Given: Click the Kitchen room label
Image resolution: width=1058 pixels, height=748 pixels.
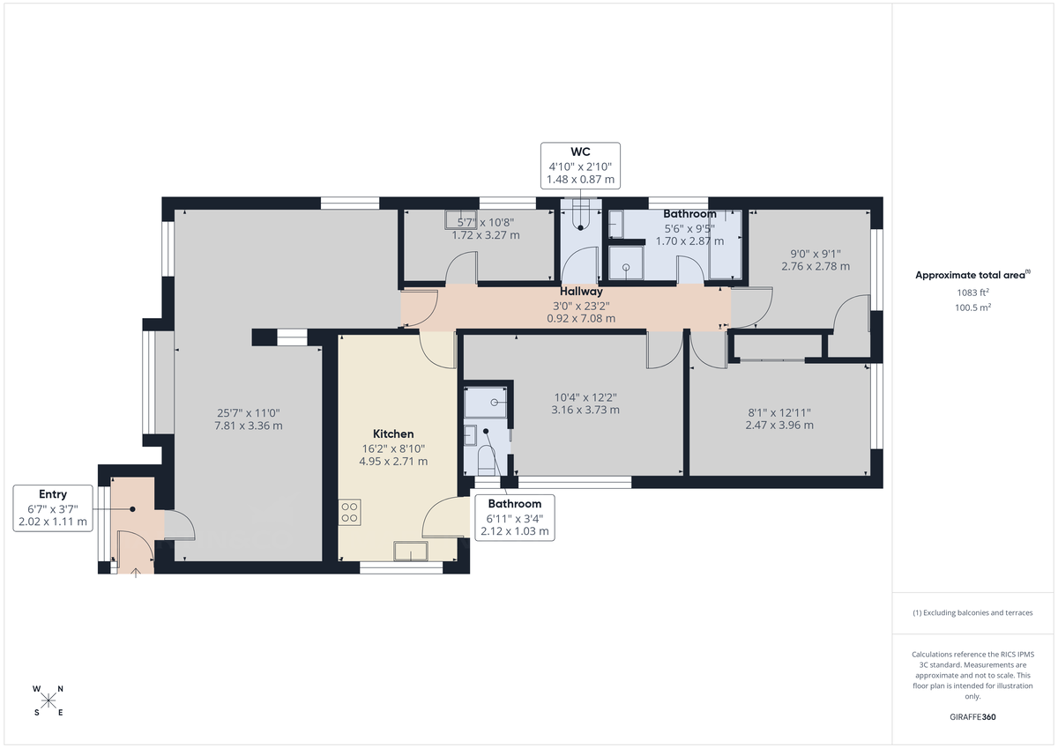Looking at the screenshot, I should [x=393, y=433].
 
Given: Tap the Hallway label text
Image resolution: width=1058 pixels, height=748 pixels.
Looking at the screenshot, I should [x=581, y=291].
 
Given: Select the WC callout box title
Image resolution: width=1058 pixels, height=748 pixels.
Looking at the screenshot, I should [x=580, y=152].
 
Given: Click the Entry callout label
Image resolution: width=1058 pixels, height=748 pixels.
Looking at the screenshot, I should [x=53, y=494].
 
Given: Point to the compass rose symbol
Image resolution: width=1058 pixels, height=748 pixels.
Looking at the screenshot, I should [x=48, y=700].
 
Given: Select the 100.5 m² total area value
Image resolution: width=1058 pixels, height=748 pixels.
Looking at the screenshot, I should [x=974, y=307].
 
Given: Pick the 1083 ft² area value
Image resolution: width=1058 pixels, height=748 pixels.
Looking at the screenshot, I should [x=974, y=292].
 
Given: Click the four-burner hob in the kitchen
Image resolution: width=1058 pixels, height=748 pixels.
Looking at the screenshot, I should [x=349, y=512].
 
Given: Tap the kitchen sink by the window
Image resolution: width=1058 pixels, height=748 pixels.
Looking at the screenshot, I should [x=410, y=552].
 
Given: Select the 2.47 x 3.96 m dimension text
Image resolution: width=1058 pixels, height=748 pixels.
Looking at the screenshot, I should [x=779, y=425].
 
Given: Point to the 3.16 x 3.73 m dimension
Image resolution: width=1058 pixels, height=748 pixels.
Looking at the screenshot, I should [x=585, y=410].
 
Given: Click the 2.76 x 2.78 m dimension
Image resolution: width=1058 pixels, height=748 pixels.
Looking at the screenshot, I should [x=816, y=265].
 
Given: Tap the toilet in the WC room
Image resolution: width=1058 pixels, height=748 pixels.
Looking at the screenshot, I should [x=581, y=215].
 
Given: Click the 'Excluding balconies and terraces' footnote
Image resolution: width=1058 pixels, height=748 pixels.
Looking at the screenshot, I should [x=974, y=612].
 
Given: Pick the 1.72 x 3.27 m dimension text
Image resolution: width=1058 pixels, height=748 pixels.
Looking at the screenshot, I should [x=486, y=235].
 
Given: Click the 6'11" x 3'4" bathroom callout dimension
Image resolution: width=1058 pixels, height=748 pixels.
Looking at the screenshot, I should [x=514, y=518].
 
